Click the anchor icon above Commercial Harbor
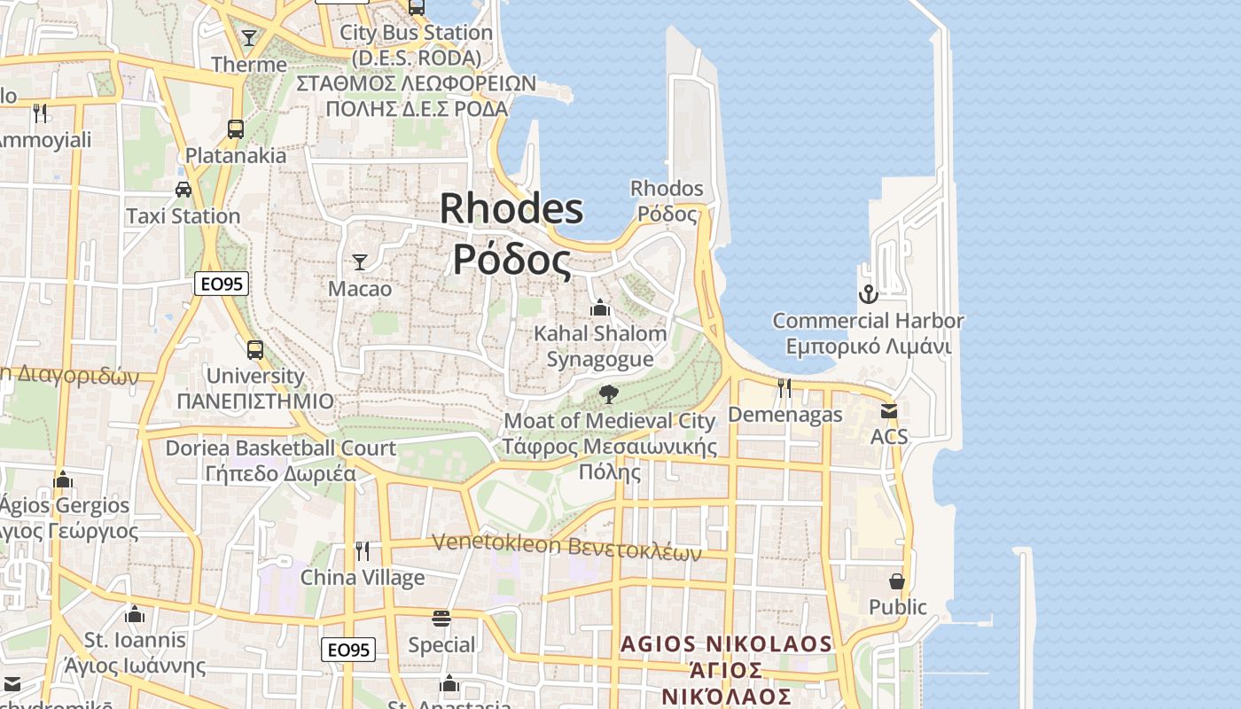point(868,293)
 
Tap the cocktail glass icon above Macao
point(360,261)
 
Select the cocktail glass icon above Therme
point(249,37)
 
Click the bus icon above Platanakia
point(235,129)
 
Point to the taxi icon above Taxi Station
point(183,189)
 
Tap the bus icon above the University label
point(255,349)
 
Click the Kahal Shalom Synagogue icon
point(600,308)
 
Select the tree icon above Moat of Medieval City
point(608,393)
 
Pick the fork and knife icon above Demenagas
point(784,387)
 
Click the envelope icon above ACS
point(888,410)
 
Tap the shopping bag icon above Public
point(897,581)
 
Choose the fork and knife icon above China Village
point(363,551)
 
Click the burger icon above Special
point(441,618)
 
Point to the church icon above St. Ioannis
point(135,613)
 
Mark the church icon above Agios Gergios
point(63,479)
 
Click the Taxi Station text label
point(183,216)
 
